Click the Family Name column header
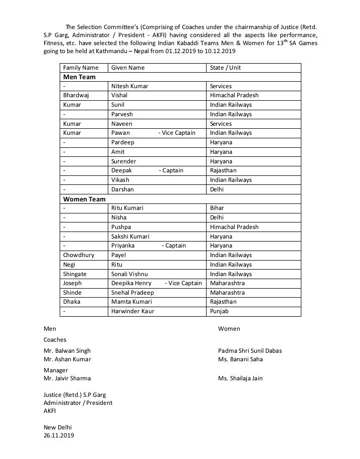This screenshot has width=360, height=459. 81,68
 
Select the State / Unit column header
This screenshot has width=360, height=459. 225,68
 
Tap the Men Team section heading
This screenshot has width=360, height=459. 79,77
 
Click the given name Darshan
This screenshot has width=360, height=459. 122,189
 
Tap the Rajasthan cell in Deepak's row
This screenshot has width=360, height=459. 223,170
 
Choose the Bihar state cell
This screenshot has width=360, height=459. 217,208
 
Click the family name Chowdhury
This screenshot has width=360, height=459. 79,255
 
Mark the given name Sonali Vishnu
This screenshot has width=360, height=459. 129,274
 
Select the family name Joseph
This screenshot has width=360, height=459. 72,283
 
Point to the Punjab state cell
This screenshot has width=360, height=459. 219,311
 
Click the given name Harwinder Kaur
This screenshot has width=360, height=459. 132,311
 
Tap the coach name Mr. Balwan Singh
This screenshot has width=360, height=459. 67,351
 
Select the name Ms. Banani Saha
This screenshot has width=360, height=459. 240,359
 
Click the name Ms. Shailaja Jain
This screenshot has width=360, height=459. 240,378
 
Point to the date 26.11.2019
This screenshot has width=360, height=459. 59,436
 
